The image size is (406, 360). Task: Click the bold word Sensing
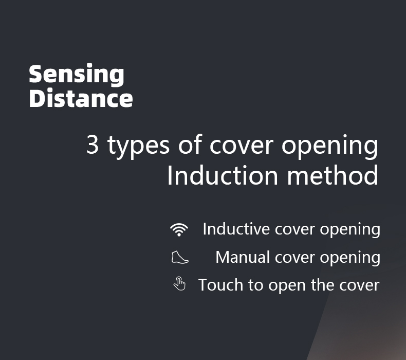pyautogui.click(x=77, y=75)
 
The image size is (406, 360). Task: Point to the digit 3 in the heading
pyautogui.click(x=92, y=144)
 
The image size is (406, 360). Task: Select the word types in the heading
pyautogui.click(x=139, y=146)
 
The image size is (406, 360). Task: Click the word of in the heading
pyautogui.click(x=190, y=144)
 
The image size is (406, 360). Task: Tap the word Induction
pyautogui.click(x=223, y=175)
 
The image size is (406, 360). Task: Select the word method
pyautogui.click(x=333, y=175)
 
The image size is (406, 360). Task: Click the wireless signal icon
pyautogui.click(x=179, y=230)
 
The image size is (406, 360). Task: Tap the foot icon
pyautogui.click(x=180, y=257)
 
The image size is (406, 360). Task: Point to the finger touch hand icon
pyautogui.click(x=179, y=283)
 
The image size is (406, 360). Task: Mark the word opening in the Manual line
pyautogui.click(x=350, y=258)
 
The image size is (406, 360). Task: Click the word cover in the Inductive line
pyautogui.click(x=294, y=230)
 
